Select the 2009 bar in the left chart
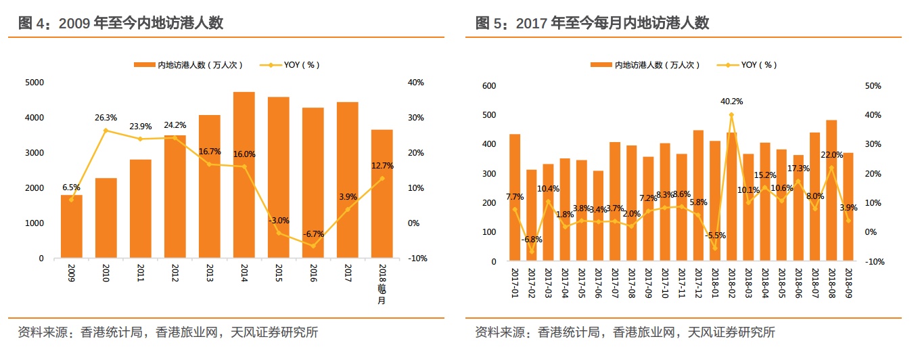[72, 226]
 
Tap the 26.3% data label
[106, 117]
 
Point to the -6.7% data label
[313, 234]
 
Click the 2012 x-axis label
[175, 277]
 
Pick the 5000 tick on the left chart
[34, 83]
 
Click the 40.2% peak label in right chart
[731, 102]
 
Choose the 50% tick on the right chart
[873, 86]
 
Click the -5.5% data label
[714, 235]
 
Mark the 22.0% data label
[832, 155]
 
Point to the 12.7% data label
[382, 166]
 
